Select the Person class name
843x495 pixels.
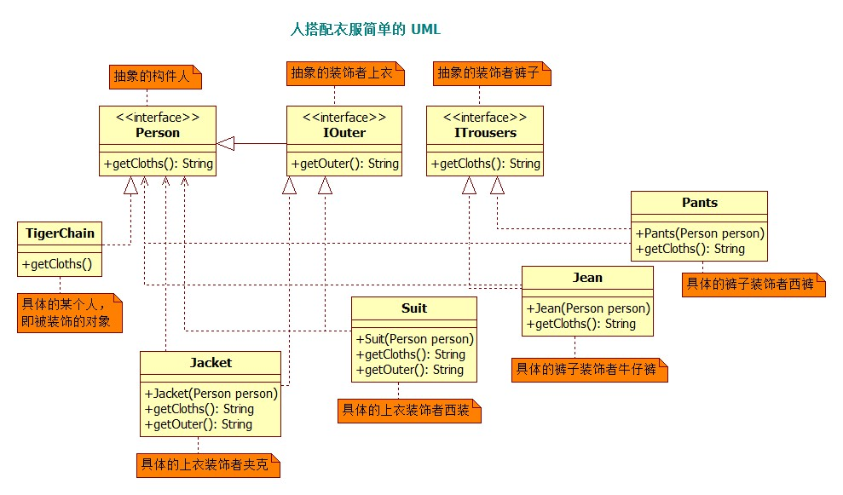[x=158, y=132]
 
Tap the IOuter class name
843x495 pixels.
[x=345, y=132]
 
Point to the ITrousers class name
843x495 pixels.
[x=485, y=132]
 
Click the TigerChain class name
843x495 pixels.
[x=61, y=233]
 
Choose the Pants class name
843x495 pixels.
[x=699, y=203]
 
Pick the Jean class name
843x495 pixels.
[x=587, y=278]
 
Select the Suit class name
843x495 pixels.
[x=414, y=308]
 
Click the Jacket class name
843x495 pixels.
[x=211, y=362]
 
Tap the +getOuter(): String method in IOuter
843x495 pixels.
[x=345, y=164]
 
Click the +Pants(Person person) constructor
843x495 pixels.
[x=699, y=233]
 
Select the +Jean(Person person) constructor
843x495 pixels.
[x=587, y=308]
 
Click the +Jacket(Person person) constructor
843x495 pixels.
[x=211, y=394]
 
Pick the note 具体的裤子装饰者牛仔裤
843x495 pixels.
[x=588, y=371]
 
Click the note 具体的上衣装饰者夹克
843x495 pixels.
[x=208, y=465]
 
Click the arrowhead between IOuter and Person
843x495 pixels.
[x=226, y=143]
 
